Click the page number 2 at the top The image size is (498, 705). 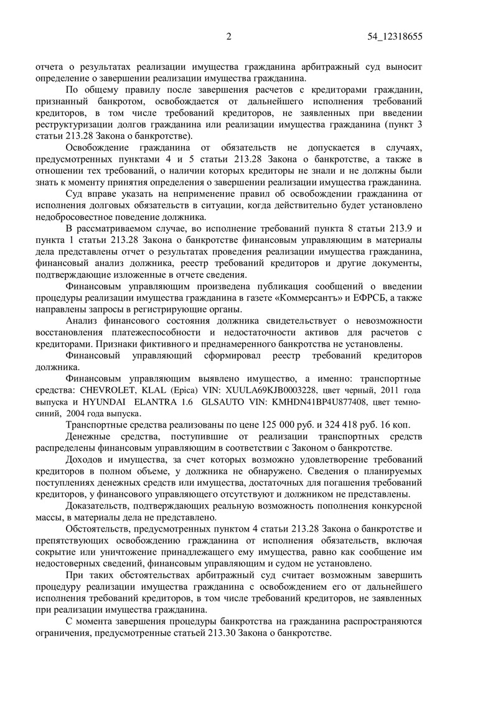[228, 37]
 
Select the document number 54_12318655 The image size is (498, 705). [395, 37]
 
